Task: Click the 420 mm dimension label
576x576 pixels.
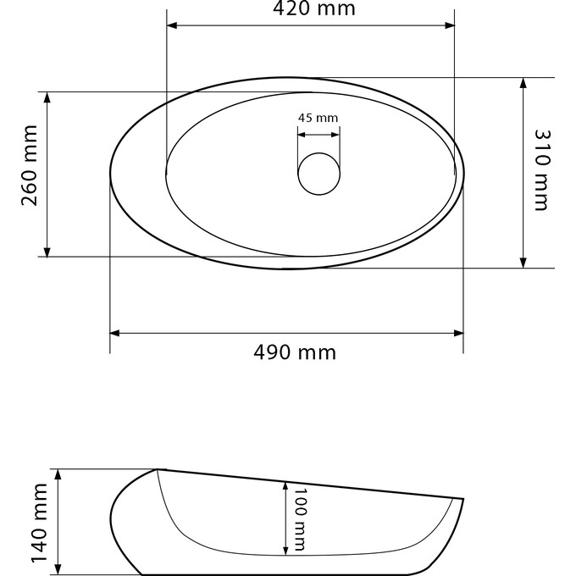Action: (x=314, y=8)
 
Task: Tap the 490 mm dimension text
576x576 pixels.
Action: (x=295, y=352)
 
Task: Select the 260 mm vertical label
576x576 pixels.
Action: (x=30, y=166)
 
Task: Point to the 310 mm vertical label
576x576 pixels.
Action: (x=541, y=170)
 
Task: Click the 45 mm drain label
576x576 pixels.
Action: (x=318, y=118)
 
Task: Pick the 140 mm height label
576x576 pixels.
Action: (x=40, y=523)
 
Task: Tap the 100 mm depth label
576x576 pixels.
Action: (x=300, y=519)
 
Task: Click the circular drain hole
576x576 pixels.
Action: (x=318, y=174)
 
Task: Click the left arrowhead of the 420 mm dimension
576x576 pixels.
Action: (x=172, y=25)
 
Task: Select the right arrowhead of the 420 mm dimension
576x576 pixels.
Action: (x=449, y=25)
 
